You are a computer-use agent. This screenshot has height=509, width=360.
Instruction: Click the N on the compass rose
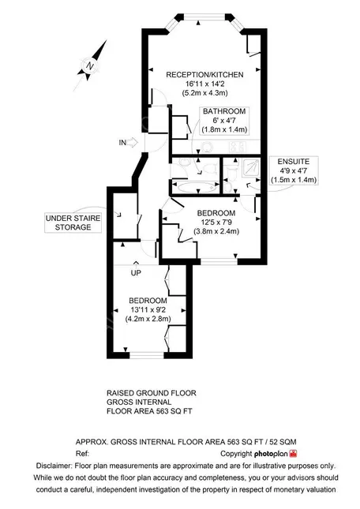90,66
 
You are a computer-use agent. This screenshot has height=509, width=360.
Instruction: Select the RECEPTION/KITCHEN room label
204,75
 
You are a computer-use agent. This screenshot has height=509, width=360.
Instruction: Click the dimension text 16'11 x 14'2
204,84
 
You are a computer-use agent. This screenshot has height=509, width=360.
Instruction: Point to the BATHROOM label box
224,121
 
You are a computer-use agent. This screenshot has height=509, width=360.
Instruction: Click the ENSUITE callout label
294,170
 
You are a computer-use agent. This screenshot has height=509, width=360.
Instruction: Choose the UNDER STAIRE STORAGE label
73,223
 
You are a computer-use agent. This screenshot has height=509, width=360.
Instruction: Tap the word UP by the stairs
136,273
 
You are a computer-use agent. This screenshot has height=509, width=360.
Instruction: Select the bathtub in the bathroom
195,187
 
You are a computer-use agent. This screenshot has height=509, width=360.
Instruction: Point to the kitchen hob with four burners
238,148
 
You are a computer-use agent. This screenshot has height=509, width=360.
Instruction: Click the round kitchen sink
207,148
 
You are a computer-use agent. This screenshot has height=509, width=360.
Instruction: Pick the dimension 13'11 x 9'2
148,309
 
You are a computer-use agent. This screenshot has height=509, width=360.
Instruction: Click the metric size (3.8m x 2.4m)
216,231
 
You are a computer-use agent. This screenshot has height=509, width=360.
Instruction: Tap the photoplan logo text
271,454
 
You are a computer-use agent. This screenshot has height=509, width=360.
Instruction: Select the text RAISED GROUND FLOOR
152,393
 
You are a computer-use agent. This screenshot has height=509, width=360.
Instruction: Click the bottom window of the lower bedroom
146,355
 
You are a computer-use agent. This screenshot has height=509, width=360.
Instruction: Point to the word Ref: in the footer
82,454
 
